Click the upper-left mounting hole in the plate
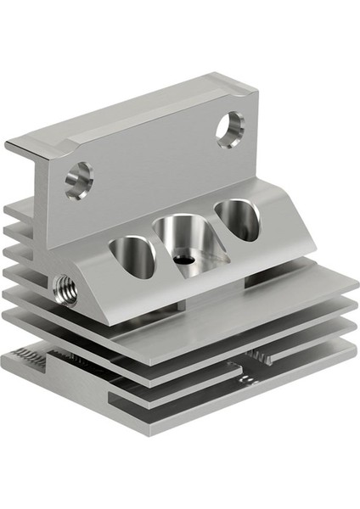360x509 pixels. [79, 179]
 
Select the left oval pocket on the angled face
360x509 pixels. [134, 257]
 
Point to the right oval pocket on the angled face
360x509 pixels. [238, 220]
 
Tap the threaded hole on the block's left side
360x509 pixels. [65, 289]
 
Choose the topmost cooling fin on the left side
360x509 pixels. [19, 209]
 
